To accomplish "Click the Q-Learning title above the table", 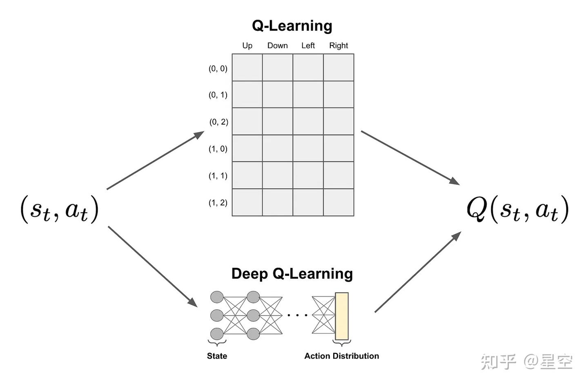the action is (292, 26).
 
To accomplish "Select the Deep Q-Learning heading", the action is (292, 273).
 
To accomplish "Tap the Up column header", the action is (247, 45).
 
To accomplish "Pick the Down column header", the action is (277, 45).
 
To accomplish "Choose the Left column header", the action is (308, 45).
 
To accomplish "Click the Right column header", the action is (339, 45).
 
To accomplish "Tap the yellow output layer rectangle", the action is (342, 316).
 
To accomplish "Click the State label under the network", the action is (217, 356).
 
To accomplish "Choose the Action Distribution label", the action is (341, 356).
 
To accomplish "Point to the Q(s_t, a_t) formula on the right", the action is (517, 209).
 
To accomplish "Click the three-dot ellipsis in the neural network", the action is (297, 315).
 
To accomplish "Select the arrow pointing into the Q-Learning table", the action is (156, 160).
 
